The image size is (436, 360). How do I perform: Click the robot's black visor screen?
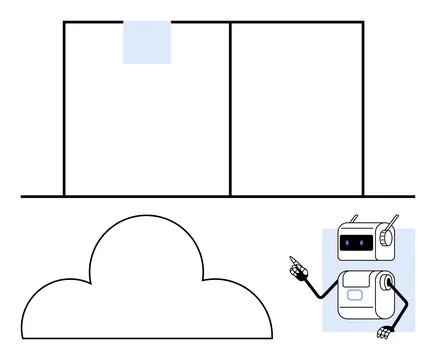(355, 242)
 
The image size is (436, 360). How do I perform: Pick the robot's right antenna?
(394, 220)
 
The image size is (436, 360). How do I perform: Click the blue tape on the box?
(147, 42)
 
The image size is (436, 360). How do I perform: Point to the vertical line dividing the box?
(230, 110)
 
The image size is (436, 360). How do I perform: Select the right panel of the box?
(296, 110)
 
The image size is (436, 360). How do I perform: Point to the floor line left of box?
(40, 196)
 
